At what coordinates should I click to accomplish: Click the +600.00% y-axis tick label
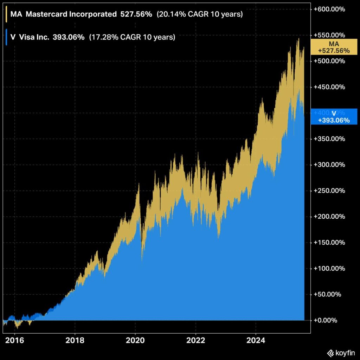pyautogui.click(x=329, y=9)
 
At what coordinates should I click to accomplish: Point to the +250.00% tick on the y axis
pyautogui.click(x=329, y=191)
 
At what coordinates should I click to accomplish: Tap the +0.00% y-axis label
pyautogui.click(x=325, y=320)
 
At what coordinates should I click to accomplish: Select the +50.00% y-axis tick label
pyautogui.click(x=327, y=294)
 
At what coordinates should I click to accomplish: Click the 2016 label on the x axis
pyautogui.click(x=14, y=340)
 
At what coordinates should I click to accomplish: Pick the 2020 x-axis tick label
pyautogui.click(x=135, y=340)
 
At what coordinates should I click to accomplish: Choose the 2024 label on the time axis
pyautogui.click(x=256, y=340)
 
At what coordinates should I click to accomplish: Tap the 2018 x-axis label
pyautogui.click(x=75, y=340)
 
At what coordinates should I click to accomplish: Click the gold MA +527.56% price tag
pyautogui.click(x=334, y=47)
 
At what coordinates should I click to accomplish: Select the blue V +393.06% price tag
pyautogui.click(x=334, y=117)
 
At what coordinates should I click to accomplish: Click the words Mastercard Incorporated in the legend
pyautogui.click(x=71, y=14)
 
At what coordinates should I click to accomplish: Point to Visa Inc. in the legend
pyautogui.click(x=34, y=37)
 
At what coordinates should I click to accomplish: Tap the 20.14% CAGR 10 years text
pyautogui.click(x=200, y=14)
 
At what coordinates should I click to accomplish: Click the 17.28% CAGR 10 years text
pyautogui.click(x=132, y=37)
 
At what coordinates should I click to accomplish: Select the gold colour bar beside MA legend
pyautogui.click(x=6, y=14)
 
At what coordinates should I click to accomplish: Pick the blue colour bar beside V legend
pyautogui.click(x=6, y=37)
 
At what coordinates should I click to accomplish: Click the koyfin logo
pyautogui.click(x=341, y=353)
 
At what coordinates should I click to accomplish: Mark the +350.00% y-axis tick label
pyautogui.click(x=329, y=139)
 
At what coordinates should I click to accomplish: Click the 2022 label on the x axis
pyautogui.click(x=195, y=340)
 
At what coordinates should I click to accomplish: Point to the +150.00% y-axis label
pyautogui.click(x=329, y=243)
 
